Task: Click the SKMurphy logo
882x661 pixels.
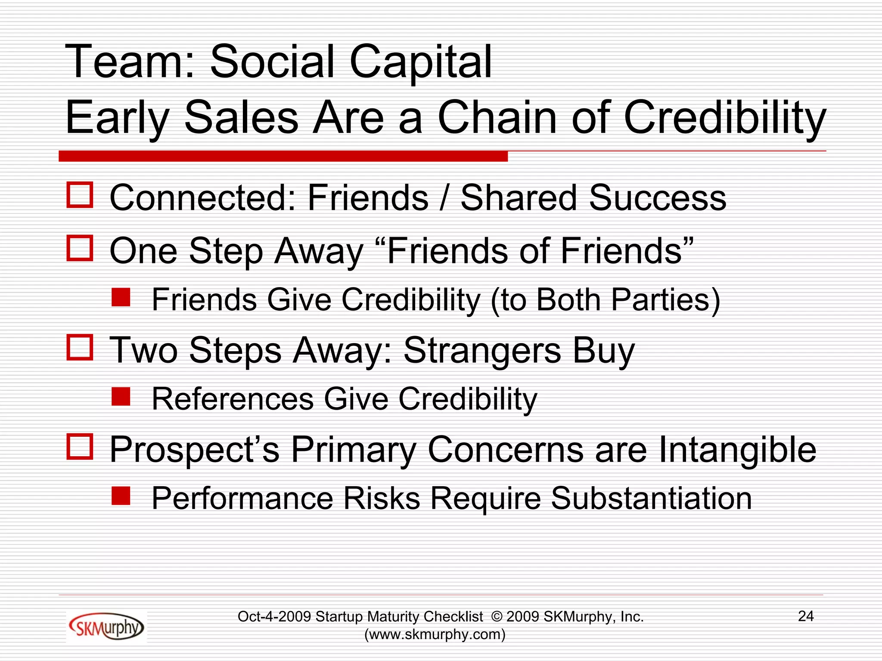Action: point(106,627)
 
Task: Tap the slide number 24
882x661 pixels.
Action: point(806,616)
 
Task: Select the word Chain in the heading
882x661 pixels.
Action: point(498,117)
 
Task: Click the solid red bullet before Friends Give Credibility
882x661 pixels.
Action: point(121,297)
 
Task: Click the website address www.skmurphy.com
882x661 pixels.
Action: point(435,634)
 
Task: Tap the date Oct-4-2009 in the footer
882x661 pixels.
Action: point(274,617)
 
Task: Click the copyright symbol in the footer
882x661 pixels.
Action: point(497,617)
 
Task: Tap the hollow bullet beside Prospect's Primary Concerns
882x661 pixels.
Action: point(80,446)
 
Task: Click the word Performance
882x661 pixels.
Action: point(242,498)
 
